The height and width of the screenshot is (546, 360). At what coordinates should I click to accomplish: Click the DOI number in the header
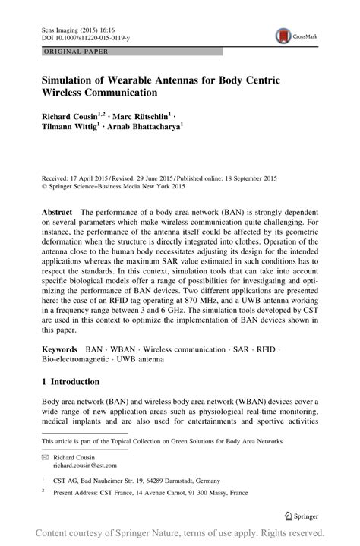tap(83, 35)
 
